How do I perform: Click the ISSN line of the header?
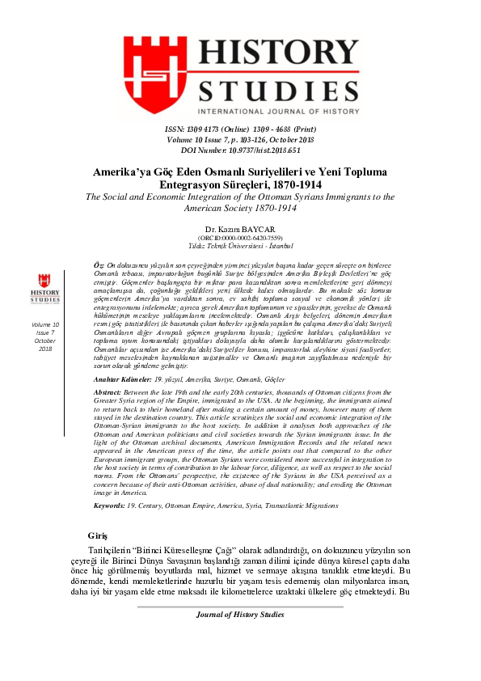240,129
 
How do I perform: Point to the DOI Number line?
240,150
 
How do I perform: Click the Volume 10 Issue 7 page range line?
240,139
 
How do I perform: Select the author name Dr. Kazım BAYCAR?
240,229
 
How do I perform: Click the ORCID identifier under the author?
240,238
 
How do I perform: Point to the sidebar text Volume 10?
44,324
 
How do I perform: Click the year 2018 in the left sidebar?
44,349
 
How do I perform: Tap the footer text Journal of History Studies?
240,637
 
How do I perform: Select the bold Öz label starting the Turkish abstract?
99,265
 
